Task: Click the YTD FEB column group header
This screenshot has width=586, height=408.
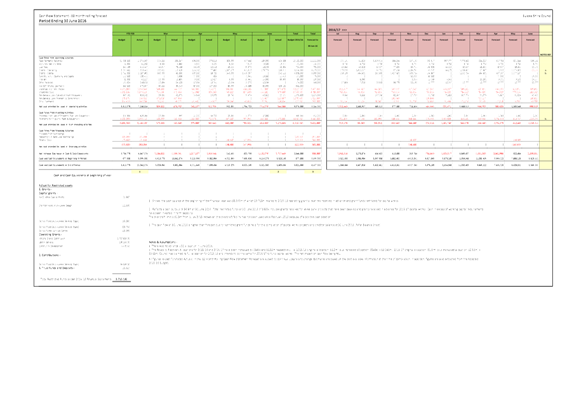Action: (130, 33)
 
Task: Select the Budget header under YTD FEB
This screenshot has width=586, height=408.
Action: (121, 39)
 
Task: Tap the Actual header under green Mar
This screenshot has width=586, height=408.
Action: (174, 39)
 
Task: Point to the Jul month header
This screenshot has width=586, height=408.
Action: (337, 33)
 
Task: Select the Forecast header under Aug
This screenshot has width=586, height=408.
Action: (357, 39)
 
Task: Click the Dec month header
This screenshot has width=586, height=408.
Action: (426, 33)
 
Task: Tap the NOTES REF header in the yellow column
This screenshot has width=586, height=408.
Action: (545, 54)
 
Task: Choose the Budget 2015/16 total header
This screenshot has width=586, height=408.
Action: (296, 39)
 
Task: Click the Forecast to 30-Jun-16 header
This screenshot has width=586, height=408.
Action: (313, 41)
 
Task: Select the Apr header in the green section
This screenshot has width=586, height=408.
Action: (200, 33)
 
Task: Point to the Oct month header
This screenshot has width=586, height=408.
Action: (392, 33)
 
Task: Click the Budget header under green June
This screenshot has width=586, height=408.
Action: (261, 39)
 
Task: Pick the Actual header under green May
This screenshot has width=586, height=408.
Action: (243, 39)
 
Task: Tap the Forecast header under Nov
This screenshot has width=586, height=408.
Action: (409, 39)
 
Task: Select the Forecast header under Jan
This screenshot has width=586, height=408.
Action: (444, 39)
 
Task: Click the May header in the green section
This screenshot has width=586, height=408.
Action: (235, 33)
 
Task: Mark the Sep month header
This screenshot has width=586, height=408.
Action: (375, 33)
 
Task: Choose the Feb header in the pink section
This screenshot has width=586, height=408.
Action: (461, 33)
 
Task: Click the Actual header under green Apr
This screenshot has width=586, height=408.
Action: (209, 39)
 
